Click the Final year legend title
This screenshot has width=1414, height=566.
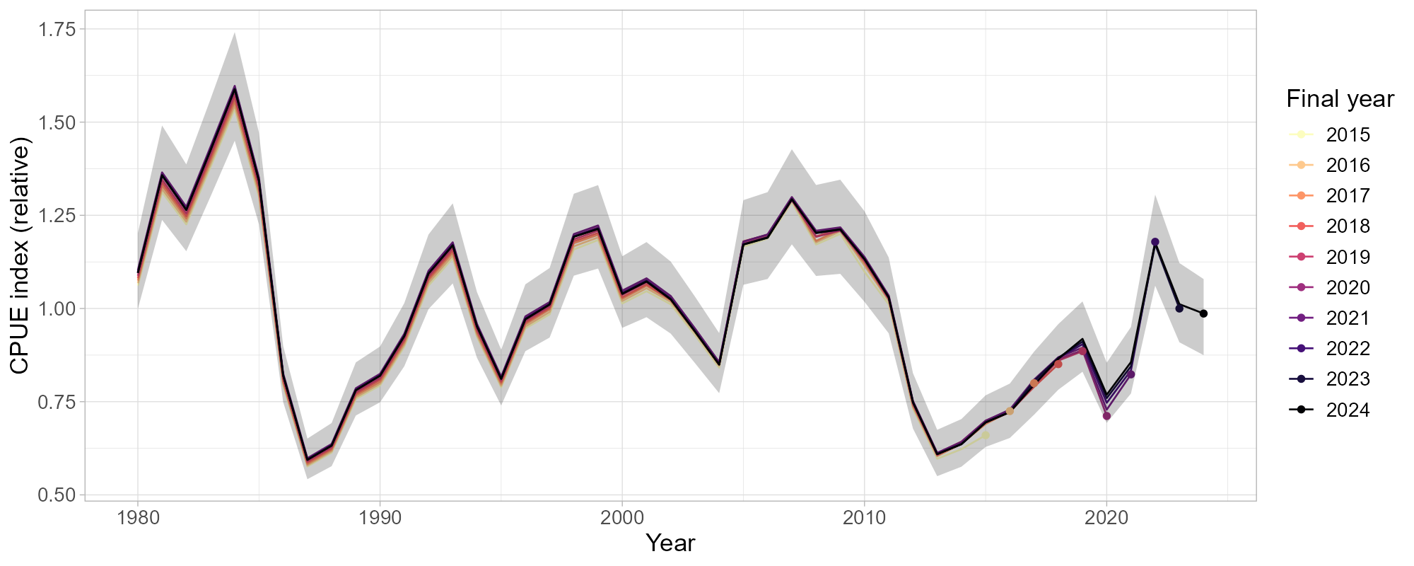[x=1340, y=99]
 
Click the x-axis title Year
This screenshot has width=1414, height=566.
[x=670, y=543]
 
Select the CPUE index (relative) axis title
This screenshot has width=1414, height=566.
[x=20, y=258]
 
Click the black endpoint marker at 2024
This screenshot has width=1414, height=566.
[x=1203, y=313]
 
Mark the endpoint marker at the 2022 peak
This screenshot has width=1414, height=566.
[x=1155, y=242]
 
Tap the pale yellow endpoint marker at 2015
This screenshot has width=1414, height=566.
[x=986, y=435]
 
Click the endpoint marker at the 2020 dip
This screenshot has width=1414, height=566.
[x=1106, y=416]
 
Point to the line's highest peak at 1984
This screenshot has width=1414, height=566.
[x=235, y=88]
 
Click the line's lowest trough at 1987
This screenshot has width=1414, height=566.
[x=307, y=459]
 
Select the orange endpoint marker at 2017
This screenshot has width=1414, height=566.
[x=1034, y=383]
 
